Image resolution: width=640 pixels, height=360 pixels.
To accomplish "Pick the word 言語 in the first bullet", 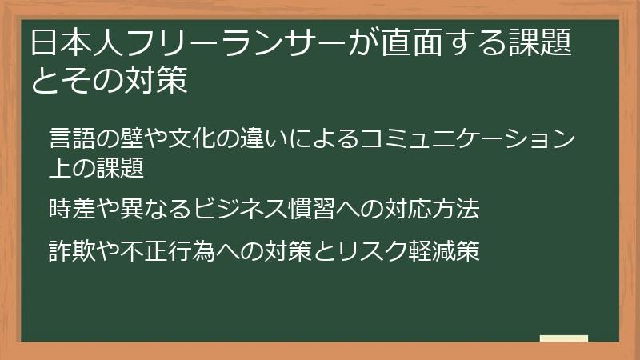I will coord(70,138).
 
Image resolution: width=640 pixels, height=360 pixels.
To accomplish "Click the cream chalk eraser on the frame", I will coord(563,339).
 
